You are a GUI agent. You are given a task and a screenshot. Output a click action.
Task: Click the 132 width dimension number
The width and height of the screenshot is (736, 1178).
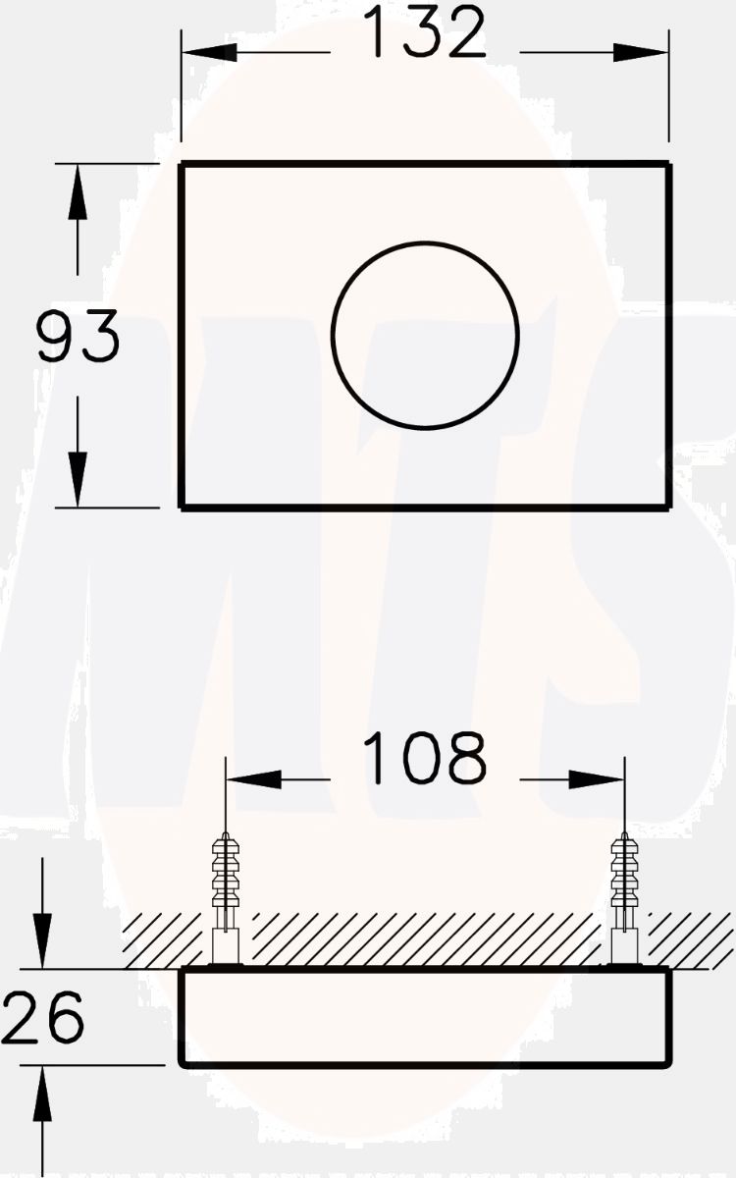pyautogui.click(x=424, y=33)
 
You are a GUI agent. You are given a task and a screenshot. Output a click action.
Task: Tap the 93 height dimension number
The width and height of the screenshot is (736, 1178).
pyautogui.click(x=79, y=336)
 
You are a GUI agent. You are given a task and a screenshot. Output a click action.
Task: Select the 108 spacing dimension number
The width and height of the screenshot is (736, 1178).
pyautogui.click(x=424, y=759)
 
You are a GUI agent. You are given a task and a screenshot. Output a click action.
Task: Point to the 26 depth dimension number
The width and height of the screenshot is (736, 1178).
pyautogui.click(x=42, y=1017)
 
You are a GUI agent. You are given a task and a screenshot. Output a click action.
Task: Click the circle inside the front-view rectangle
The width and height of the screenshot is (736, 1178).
pyautogui.click(x=425, y=336)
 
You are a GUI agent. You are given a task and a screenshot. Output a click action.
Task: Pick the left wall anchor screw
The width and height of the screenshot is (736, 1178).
pyautogui.click(x=226, y=893)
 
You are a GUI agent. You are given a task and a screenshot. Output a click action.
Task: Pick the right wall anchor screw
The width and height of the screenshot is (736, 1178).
pyautogui.click(x=624, y=893)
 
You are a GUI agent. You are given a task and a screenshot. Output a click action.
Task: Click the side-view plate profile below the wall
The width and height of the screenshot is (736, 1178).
pyautogui.click(x=425, y=1017)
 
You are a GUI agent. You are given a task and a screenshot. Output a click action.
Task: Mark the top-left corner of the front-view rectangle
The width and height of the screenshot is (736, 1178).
pyautogui.click(x=182, y=165)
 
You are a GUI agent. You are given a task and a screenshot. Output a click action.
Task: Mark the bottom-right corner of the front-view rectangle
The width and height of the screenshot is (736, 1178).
pyautogui.click(x=669, y=507)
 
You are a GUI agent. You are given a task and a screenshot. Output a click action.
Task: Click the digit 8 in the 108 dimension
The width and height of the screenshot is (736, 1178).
pyautogui.click(x=465, y=759)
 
